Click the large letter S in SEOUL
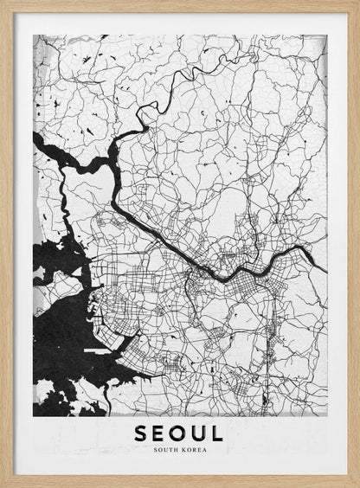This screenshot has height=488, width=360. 141,432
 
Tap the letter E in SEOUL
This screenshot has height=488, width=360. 160,432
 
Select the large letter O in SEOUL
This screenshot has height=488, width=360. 180,432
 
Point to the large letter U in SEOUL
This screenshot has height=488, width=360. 201,432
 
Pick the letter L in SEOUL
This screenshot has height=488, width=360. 218,432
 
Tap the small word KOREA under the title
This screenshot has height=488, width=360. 196,448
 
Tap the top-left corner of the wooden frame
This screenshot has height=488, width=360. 3,3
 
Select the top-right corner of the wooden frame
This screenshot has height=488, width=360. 356,3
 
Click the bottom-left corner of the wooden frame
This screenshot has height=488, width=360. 3,484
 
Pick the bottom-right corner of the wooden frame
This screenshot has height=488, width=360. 356,484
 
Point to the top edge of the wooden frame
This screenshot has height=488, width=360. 180,5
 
